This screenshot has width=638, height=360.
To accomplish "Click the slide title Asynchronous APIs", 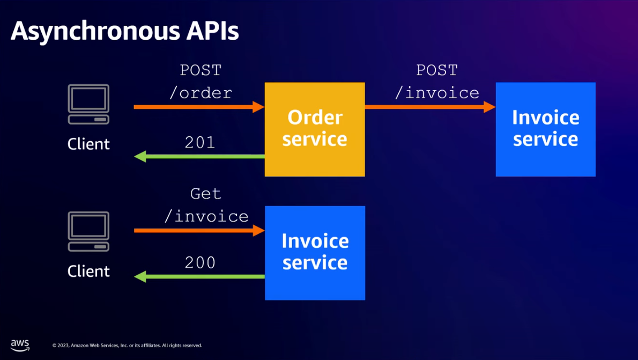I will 124,31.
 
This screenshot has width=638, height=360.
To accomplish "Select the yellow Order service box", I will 315,129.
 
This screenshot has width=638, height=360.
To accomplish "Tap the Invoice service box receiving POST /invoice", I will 545,129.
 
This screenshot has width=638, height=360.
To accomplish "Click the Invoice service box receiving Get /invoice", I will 315,253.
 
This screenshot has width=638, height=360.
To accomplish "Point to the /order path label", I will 201,93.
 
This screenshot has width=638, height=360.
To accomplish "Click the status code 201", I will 200,142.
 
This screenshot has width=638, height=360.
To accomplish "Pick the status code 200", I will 200,262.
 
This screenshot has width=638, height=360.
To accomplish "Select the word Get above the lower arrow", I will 206,194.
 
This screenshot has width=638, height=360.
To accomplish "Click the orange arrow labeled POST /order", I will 199,107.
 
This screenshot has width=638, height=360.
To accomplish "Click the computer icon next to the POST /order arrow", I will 88,105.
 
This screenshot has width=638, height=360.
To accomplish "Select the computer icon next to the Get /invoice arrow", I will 88,232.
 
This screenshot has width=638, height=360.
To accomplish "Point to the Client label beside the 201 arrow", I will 88,144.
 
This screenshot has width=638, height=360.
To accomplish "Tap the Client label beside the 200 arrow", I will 88,271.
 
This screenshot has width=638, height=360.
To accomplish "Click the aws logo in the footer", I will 20,345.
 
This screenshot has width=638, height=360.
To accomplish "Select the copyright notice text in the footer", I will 127,346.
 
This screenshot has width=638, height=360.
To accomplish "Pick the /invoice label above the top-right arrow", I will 437,93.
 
